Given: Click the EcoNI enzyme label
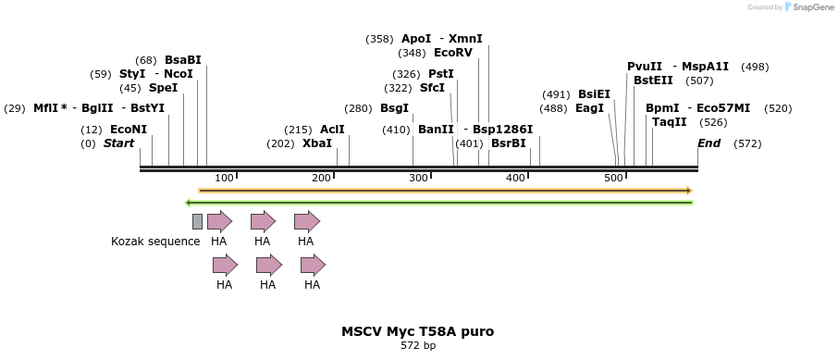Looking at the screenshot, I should coord(128,130).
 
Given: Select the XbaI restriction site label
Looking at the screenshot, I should coord(316,143).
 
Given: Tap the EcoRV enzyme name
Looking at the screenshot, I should coord(452,53).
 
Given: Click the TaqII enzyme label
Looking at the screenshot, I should coord(669,122).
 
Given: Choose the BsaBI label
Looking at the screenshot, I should coord(182,60).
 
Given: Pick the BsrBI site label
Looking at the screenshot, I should coord(508,143).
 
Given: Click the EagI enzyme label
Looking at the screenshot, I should coord(589,108).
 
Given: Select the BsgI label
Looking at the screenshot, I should coord(394,108).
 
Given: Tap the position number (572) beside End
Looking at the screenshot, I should coord(746,143).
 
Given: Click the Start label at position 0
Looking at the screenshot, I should coord(118,143).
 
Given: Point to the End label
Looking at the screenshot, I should coord(709,143).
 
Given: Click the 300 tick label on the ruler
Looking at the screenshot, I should coord(418,178).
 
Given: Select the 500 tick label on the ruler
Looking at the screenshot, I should coord(612,178).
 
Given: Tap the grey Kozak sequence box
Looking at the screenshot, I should coord(197,221).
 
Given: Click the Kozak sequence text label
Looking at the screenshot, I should coord(155,242).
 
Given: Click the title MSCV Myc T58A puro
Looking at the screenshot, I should coord(417,330).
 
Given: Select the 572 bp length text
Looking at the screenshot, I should coord(417,346).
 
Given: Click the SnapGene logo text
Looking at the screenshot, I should coord(811,7).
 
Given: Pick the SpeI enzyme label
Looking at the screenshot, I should coord(163,88).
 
